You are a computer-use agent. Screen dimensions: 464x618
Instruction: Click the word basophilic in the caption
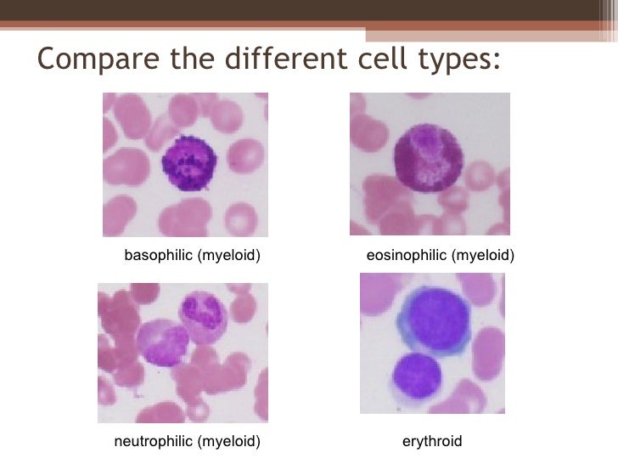pyautogui.click(x=159, y=255)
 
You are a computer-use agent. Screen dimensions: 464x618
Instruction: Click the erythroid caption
pyautogui.click(x=431, y=441)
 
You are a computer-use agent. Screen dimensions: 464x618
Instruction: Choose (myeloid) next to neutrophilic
pyautogui.click(x=228, y=441)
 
